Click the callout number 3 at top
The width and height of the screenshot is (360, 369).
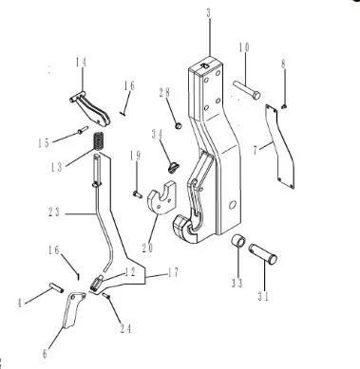209,13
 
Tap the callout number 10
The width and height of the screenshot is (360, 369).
244,47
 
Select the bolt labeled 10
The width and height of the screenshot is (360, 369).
247,90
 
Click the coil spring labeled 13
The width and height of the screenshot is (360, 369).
99,140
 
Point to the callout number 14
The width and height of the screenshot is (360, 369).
81,63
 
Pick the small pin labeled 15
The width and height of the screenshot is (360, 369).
83,130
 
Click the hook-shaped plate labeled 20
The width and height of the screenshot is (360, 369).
161,197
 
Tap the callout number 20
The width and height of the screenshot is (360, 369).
147,248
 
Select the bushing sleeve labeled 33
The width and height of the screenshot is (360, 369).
237,242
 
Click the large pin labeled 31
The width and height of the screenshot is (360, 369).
263,254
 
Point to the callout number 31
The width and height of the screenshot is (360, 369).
263,297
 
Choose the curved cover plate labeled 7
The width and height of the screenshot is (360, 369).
280,147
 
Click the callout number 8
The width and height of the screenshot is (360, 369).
283,64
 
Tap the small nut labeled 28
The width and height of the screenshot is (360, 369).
179,125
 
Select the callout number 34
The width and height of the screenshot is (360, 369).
157,134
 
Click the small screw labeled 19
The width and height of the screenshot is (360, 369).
138,194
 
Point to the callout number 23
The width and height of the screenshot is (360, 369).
53,212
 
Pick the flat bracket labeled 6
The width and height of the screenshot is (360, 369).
73,310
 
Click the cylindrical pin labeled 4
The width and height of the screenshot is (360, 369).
57,287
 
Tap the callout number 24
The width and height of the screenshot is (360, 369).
125,329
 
